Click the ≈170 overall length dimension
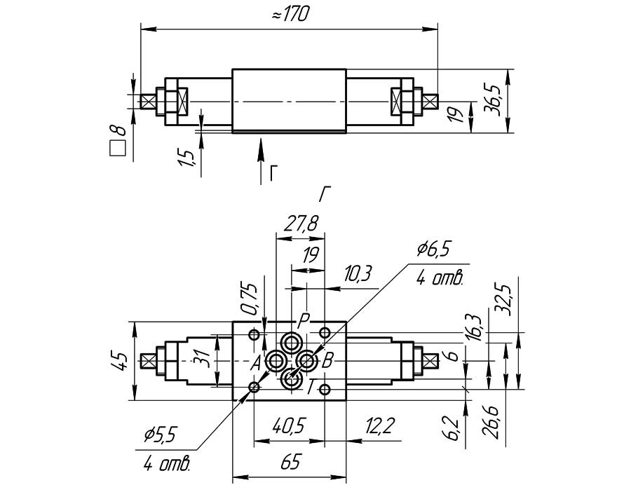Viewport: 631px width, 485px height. pos(290,15)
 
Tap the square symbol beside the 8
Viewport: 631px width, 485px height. pos(117,149)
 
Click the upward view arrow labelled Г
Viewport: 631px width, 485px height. pos(262,161)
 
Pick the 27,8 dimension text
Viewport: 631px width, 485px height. pos(301,224)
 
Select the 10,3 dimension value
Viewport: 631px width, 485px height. pos(357,274)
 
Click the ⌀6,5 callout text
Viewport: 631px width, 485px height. pos(433,250)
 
